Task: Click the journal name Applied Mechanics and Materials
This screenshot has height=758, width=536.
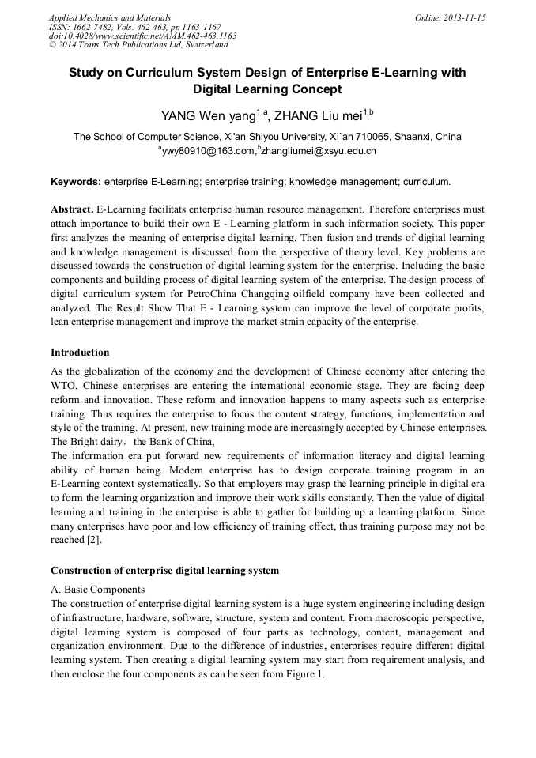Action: coord(109,17)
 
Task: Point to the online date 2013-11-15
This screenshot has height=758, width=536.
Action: coord(464,17)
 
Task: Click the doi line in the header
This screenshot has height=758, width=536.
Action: coord(142,36)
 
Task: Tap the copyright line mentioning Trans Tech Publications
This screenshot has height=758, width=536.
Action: coord(138,45)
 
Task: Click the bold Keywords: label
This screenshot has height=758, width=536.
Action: coord(76,182)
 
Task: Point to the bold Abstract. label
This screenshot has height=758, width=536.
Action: coord(72,209)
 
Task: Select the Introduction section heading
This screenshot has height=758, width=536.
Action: coord(80,352)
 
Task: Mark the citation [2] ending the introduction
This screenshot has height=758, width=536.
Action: coord(93,540)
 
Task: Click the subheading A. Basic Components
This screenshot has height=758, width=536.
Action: coord(97,590)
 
